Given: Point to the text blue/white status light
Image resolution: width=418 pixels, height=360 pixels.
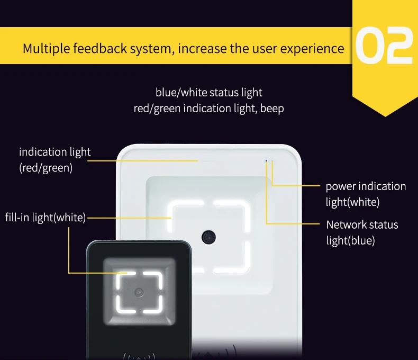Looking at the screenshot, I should pos(209,93).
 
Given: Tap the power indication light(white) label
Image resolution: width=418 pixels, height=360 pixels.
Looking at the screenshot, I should pos(366,194).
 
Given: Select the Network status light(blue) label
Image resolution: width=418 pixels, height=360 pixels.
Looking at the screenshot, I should pos(362,232).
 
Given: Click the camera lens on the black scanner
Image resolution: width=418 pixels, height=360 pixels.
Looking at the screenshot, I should pos(139,292).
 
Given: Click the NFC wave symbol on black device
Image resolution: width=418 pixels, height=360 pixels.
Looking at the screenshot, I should pos(139,355).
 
